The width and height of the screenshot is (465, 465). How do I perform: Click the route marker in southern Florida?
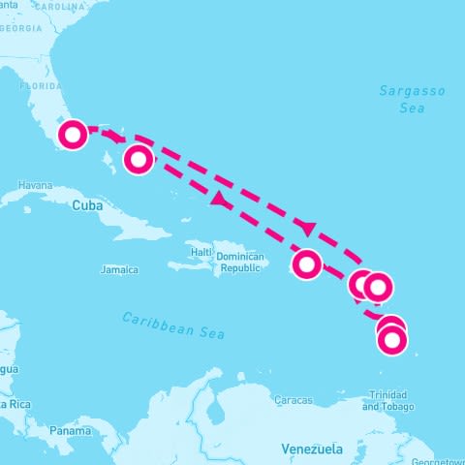(x=73, y=135)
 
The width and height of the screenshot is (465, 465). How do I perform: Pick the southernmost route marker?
(x=392, y=340)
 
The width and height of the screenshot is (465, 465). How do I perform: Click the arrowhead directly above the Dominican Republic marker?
(x=309, y=229)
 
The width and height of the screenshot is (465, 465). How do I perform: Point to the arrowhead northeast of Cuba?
(x=218, y=201)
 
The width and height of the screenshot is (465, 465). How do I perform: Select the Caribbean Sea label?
(x=174, y=325)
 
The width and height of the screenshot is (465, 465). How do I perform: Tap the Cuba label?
(x=86, y=205)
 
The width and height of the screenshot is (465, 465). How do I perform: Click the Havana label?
(x=34, y=185)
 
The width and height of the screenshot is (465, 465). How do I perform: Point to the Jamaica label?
(x=119, y=269)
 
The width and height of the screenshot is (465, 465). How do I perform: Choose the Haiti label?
(x=201, y=252)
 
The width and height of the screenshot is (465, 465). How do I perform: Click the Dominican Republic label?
(x=239, y=262)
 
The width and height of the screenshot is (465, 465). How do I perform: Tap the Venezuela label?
(x=312, y=449)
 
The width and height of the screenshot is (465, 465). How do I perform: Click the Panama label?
(x=71, y=430)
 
